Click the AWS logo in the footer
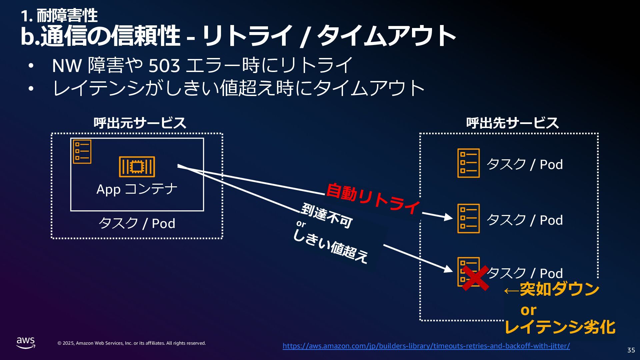tap(26, 343)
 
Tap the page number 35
tap(631, 350)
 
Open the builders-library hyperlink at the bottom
tap(426, 346)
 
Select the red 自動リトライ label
tap(373, 198)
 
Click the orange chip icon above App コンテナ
tap(137, 167)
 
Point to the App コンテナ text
tap(137, 189)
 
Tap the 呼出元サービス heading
tap(140, 123)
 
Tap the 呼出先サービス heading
tap(512, 123)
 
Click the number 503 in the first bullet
tap(164, 66)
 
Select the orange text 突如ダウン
tap(559, 289)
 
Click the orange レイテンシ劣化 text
tap(560, 327)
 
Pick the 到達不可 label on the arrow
tap(327, 215)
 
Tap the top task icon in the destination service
tap(468, 163)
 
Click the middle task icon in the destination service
tap(468, 218)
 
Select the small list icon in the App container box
tap(82, 152)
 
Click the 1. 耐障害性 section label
tap(59, 15)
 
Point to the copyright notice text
tap(132, 343)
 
